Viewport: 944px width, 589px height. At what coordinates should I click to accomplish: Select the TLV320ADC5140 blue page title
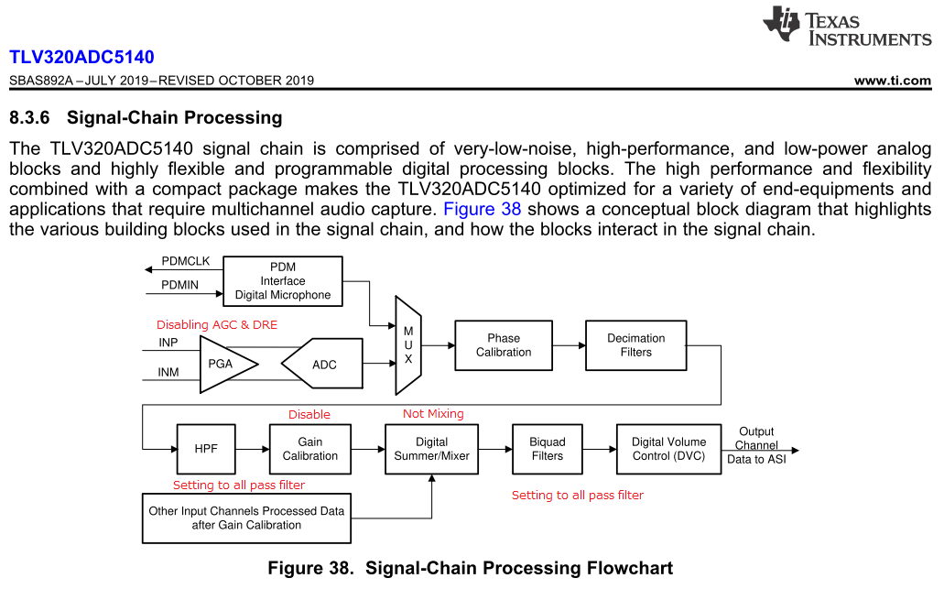pyautogui.click(x=81, y=58)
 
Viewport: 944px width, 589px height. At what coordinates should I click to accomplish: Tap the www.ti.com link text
pyautogui.click(x=892, y=81)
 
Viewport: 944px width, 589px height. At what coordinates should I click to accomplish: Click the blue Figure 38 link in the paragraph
pyautogui.click(x=482, y=209)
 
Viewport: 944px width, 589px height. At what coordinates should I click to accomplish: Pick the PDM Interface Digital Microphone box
pyautogui.click(x=283, y=281)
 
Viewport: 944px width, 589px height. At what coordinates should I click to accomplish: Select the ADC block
pyautogui.click(x=323, y=365)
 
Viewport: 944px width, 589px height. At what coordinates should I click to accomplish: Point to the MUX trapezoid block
pyautogui.click(x=408, y=345)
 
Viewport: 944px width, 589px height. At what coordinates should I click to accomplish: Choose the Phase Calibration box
pyautogui.click(x=504, y=345)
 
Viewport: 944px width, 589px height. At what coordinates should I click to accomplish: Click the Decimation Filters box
pyautogui.click(x=635, y=345)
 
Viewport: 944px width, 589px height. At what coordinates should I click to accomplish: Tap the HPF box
pyautogui.click(x=206, y=449)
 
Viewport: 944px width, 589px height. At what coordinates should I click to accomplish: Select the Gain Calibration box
pyautogui.click(x=309, y=449)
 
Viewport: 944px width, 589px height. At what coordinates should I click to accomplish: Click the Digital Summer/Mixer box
pyautogui.click(x=431, y=449)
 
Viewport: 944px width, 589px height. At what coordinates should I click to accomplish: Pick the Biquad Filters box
pyautogui.click(x=547, y=449)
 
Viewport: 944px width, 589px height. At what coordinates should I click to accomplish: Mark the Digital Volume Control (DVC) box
pyautogui.click(x=668, y=449)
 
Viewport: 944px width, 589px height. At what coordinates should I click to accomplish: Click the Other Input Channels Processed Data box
pyautogui.click(x=246, y=518)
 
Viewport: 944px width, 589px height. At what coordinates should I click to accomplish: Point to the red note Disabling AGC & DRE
pyautogui.click(x=217, y=325)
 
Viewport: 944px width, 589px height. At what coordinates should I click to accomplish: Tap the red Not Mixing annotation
pyautogui.click(x=433, y=414)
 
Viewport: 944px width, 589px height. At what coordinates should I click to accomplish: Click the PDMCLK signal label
pyautogui.click(x=186, y=262)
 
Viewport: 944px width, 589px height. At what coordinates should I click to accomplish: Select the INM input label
pyautogui.click(x=168, y=373)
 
